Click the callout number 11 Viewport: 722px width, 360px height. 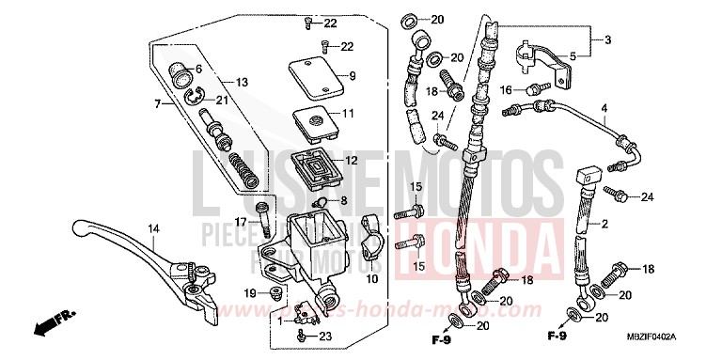348,114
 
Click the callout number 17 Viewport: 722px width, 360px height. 241,222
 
